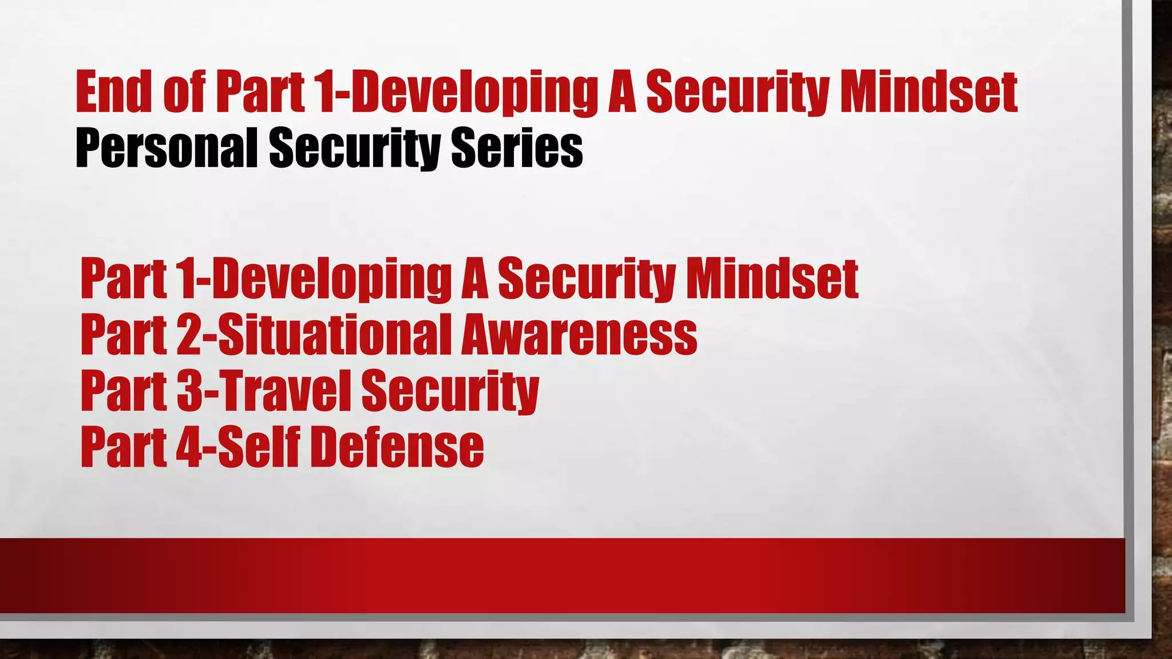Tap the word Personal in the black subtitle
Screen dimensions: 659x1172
(166, 148)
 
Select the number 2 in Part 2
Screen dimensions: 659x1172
(188, 335)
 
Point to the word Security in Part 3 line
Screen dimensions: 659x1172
(450, 391)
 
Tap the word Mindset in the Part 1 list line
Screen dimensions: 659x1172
(772, 279)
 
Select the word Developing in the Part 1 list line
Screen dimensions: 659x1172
(332, 279)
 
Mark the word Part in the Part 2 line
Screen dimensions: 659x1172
(124, 335)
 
